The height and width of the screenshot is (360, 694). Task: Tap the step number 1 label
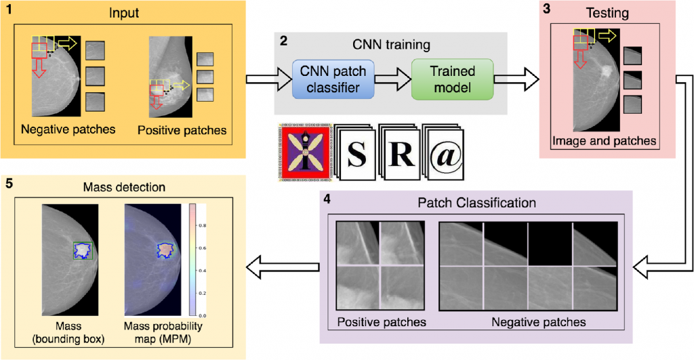[8, 8]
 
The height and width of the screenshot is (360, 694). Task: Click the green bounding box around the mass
[83, 250]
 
